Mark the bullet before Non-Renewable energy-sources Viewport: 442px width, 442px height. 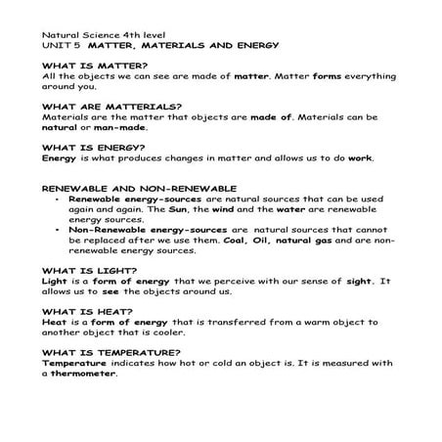pyautogui.click(x=59, y=229)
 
